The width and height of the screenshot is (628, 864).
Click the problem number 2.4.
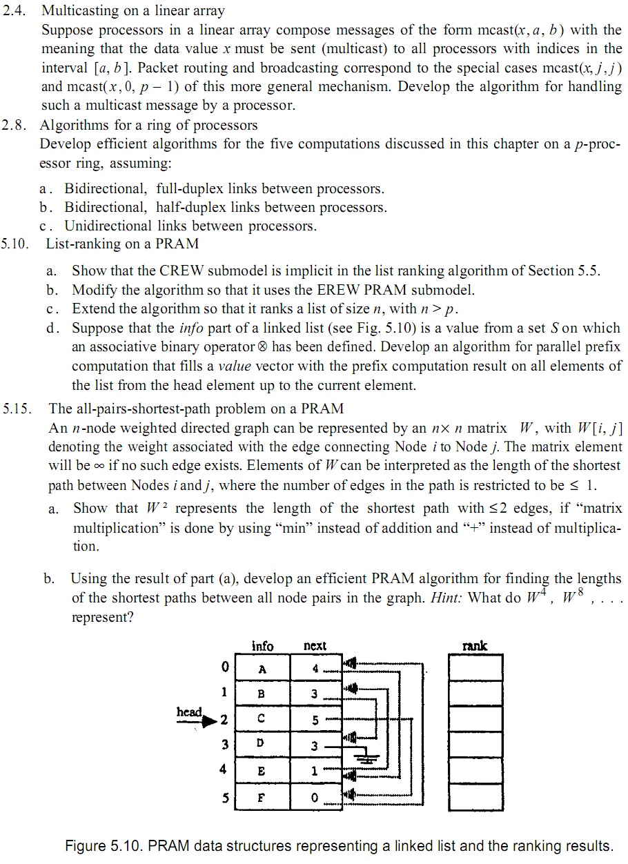15,11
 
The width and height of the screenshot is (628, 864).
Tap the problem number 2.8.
15,125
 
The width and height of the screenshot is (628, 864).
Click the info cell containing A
262,668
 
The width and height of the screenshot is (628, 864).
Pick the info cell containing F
262,796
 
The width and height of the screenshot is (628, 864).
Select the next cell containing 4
315,668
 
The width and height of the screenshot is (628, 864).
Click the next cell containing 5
315,720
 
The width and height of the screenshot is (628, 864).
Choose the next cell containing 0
315,796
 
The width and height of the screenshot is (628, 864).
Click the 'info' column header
262,646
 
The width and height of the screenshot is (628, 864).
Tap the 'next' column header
315,646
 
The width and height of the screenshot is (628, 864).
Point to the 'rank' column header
474,646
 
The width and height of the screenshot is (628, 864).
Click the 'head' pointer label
189,712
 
